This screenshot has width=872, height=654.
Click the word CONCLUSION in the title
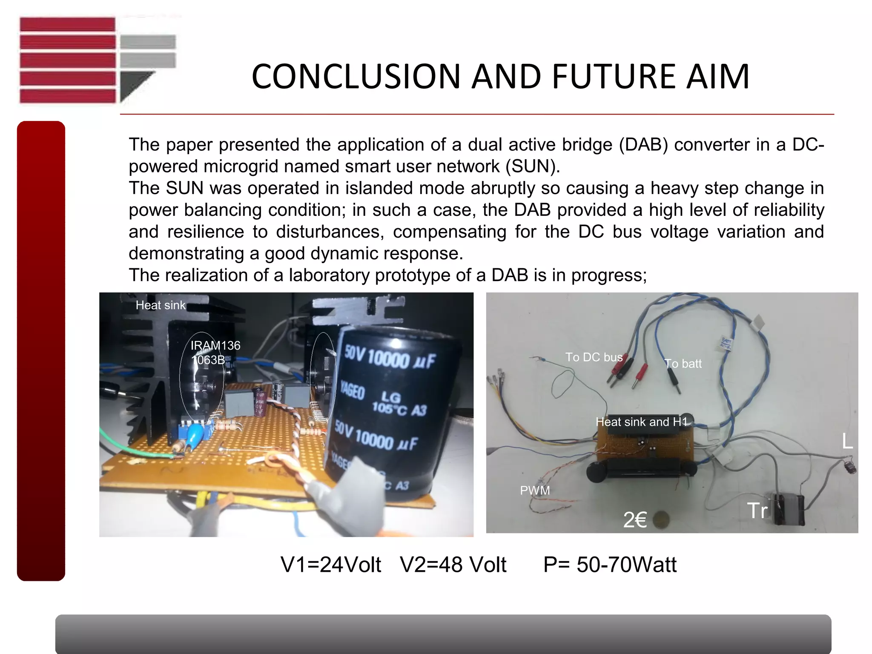[356, 77]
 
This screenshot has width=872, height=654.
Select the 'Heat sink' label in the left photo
[161, 305]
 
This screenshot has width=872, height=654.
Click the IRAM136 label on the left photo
[215, 345]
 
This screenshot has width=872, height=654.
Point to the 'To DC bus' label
[594, 357]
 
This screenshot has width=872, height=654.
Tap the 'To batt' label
[683, 364]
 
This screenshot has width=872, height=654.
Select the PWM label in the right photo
[535, 490]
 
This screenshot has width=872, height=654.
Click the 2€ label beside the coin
[635, 520]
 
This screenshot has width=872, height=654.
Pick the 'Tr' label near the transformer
[757, 511]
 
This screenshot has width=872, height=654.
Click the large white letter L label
[847, 442]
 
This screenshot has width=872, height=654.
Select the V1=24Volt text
[331, 565]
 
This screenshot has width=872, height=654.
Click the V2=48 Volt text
[453, 565]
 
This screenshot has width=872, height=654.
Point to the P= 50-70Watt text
[610, 565]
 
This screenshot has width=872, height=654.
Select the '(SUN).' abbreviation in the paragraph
[533, 166]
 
